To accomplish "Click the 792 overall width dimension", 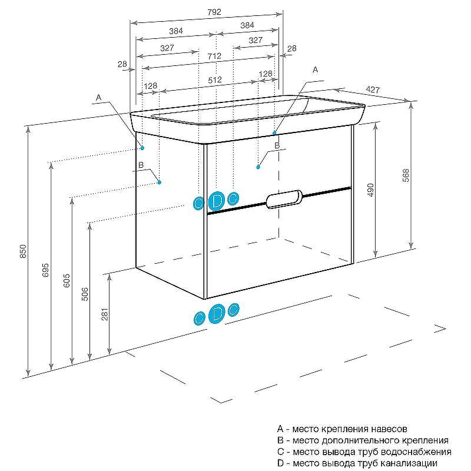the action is (214, 12).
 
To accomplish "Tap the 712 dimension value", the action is (214, 56).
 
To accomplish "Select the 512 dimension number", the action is (215, 80).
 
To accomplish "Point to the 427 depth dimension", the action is (373, 89).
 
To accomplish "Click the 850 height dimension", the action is (24, 251).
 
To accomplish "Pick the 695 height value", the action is (45, 270).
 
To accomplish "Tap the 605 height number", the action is (67, 281).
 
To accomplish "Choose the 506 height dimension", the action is (85, 294).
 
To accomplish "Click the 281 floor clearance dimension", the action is (105, 314).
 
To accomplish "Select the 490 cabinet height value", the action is (370, 190).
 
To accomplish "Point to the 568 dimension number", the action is (406, 175).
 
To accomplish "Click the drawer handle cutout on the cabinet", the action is (284, 199).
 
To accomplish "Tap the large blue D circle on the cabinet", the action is (217, 201).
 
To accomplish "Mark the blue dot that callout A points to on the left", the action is (142, 148).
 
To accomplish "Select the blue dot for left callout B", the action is (160, 183).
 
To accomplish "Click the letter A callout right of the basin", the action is (315, 69).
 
